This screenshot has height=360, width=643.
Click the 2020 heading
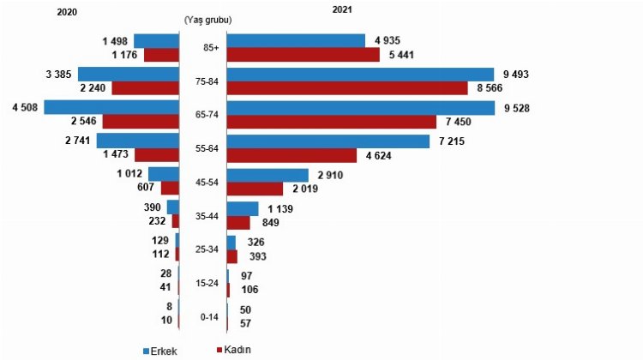point(67,11)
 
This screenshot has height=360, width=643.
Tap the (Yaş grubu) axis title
point(207,18)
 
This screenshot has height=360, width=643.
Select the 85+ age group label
point(208,48)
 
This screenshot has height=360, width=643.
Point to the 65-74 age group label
point(208,114)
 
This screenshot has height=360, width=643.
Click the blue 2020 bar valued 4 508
point(111,107)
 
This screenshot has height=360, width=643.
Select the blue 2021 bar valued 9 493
point(361,75)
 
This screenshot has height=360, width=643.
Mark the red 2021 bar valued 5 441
point(303,55)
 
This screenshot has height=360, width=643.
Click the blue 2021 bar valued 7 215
point(328,141)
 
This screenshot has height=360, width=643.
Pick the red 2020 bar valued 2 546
point(141,121)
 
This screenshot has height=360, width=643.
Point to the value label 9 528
point(518,108)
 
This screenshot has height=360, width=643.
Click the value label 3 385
point(57,75)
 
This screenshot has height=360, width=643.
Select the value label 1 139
point(279,208)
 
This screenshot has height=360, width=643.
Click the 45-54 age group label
point(208,182)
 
